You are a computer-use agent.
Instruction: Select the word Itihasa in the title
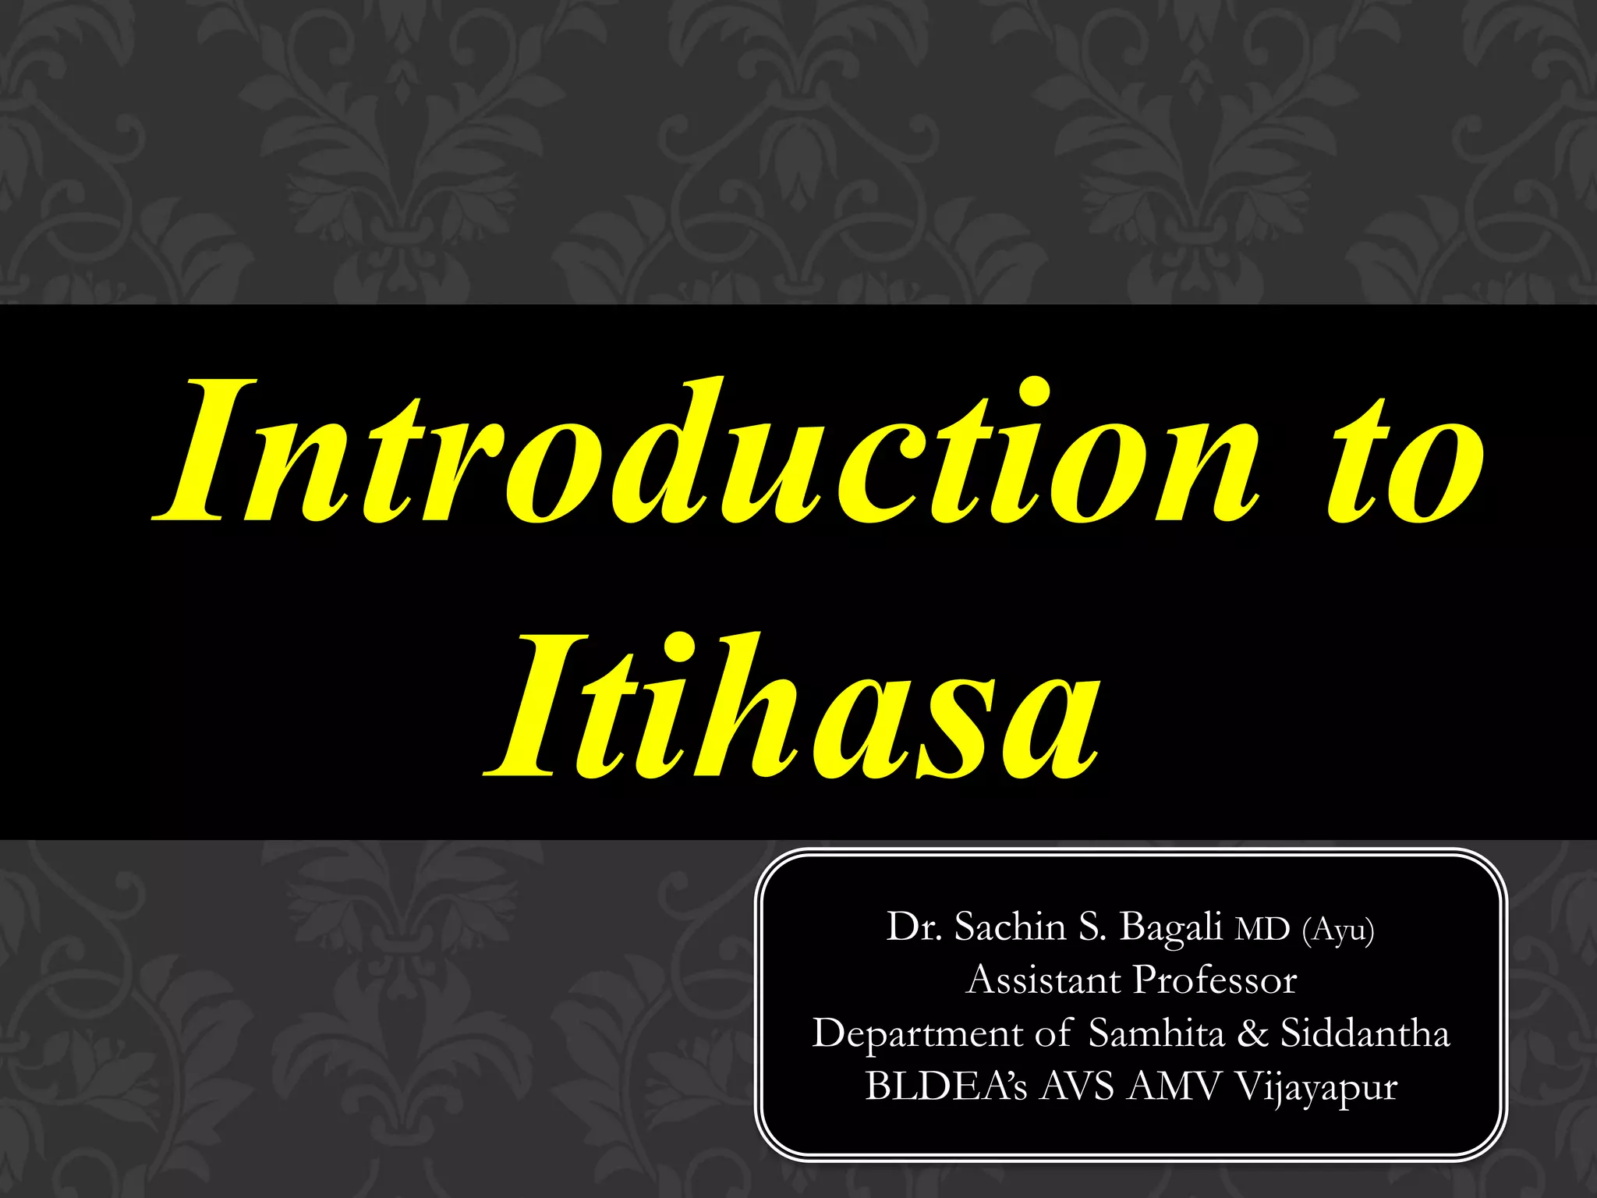coord(791,706)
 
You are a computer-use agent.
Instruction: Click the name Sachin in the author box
coord(1010,927)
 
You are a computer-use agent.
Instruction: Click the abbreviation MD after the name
coord(1262,930)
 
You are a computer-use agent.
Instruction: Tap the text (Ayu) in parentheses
coord(1338,930)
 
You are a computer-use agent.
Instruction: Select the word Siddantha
coord(1365,1033)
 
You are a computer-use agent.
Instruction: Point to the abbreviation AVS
coord(1076,1086)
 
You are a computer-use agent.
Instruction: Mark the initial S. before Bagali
coord(1092,927)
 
